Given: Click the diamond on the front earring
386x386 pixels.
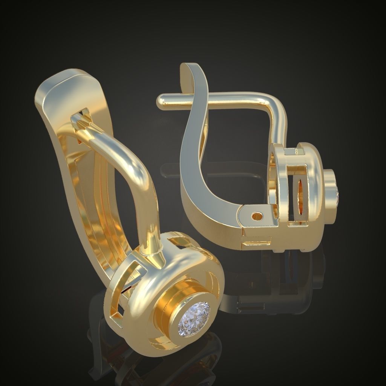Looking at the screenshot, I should click(194, 319).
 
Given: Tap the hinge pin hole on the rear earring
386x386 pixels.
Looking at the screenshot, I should click(257, 216).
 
